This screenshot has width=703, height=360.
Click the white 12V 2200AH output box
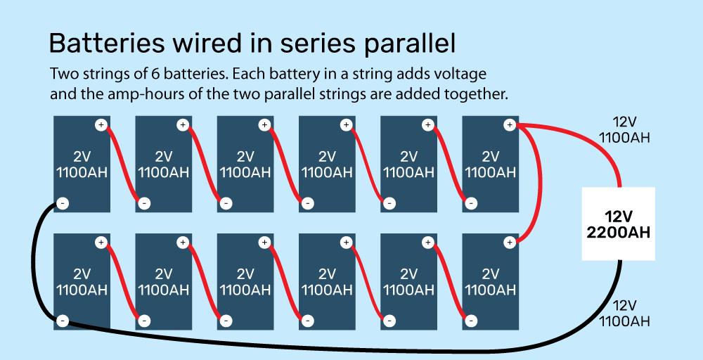coord(619,224)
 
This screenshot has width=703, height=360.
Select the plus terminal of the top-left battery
coord(101,126)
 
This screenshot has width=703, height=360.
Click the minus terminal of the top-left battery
coord(63,204)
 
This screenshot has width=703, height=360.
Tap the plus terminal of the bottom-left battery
coord(101,243)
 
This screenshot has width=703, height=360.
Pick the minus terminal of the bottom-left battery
coord(63,321)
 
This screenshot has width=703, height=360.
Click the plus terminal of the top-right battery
coord(509,126)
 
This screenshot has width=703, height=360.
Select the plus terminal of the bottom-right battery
coord(509,243)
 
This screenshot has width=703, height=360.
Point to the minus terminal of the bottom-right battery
coord(470,321)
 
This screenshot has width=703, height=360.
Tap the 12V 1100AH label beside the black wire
coord(624,314)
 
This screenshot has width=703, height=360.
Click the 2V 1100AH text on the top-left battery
coord(82,165)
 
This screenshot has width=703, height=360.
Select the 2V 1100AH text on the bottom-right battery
coord(490,281)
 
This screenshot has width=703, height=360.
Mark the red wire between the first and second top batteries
coord(122,165)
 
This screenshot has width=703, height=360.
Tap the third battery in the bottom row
coord(245,281)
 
